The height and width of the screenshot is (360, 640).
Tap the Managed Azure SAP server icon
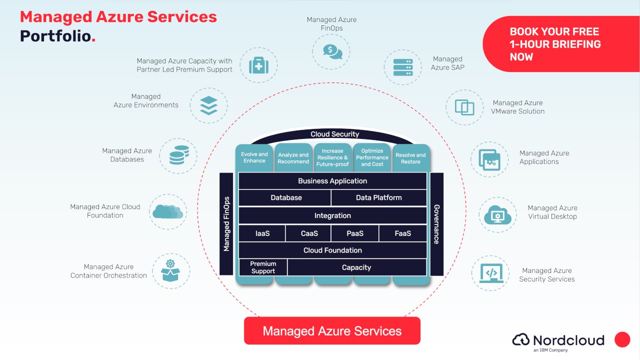402,67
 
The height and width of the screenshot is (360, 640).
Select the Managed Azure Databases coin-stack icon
178,155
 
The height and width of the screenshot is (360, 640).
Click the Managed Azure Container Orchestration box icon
171,271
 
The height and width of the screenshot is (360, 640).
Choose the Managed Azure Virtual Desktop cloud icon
497,215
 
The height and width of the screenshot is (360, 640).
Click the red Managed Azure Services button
332,331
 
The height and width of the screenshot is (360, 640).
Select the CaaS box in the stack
309,233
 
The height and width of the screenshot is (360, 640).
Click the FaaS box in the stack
402,233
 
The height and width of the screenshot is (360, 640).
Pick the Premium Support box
263,267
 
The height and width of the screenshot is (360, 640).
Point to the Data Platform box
378,197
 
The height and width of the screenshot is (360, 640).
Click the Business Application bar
332,181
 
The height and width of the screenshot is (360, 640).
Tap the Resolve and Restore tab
410,158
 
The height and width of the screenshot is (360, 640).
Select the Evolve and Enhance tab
254,157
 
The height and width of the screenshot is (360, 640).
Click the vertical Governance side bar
436,224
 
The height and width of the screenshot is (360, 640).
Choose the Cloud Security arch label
334,134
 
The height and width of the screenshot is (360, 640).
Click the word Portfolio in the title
55,36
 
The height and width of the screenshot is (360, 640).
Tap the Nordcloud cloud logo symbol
521,340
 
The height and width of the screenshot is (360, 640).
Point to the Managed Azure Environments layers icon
208,105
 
